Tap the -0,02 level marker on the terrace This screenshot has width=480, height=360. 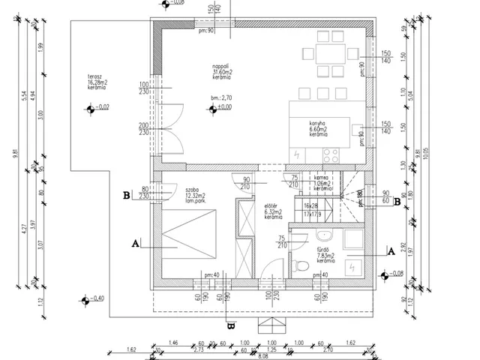[x=90, y=109]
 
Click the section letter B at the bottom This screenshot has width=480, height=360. [x=230, y=326]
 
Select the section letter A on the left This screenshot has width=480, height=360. [x=135, y=244]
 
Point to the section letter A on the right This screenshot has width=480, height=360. [x=391, y=253]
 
